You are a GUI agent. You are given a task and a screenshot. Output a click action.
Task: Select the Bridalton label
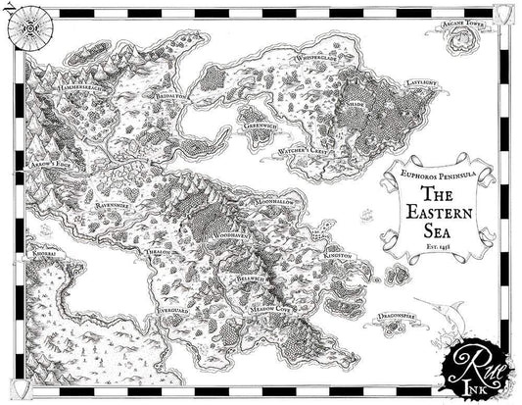click(168, 100)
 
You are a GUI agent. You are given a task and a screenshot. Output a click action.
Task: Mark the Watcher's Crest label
click(301, 151)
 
